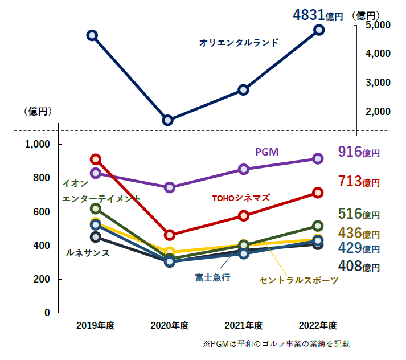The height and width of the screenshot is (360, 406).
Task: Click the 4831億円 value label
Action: tap(318, 15)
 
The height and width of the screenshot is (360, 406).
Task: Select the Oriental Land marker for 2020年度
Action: tap(167, 120)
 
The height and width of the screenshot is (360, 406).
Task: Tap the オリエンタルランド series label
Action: tap(239, 42)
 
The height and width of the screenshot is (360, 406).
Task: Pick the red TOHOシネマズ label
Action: tap(241, 198)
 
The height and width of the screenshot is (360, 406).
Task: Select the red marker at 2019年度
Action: tap(96, 159)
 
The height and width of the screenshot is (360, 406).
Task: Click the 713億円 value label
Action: tap(358, 182)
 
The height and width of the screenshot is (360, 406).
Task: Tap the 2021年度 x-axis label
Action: tap(243, 326)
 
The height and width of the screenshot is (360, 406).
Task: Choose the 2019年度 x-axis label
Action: tap(96, 326)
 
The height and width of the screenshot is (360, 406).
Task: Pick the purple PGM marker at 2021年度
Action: tap(243, 169)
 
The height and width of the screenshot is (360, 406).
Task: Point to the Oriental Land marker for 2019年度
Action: tap(92, 35)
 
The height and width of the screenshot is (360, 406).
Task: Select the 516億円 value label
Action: tap(358, 214)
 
